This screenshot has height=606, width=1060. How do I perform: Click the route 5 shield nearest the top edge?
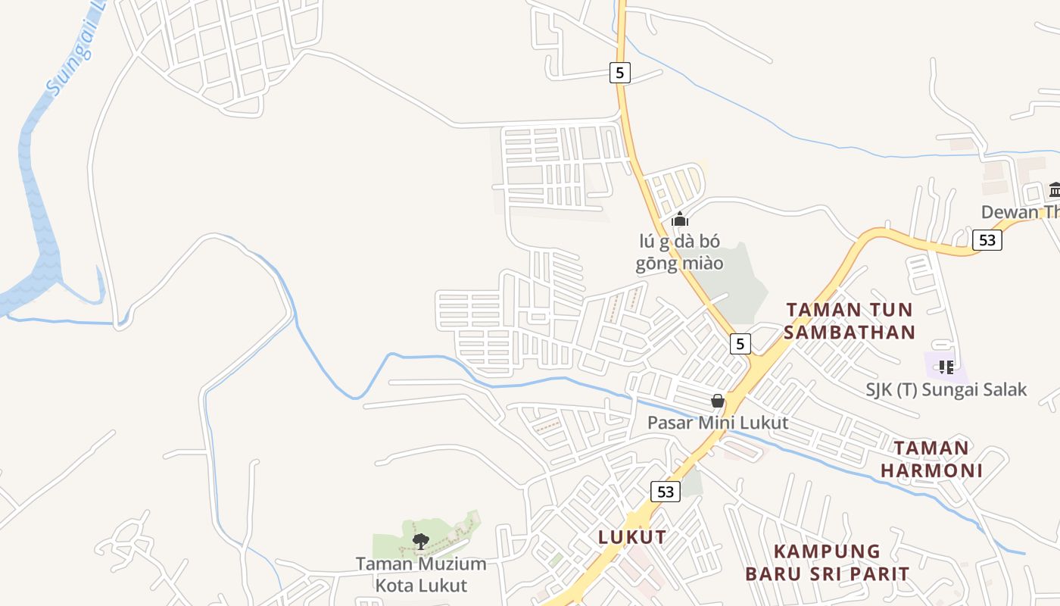point(619,73)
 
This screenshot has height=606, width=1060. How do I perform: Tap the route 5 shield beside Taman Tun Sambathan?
point(740,343)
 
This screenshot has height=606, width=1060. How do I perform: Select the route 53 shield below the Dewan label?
point(987,240)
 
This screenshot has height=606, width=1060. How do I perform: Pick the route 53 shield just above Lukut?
point(665,492)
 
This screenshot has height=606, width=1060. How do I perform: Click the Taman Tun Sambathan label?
point(850,320)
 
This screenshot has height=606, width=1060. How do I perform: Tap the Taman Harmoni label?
point(931,459)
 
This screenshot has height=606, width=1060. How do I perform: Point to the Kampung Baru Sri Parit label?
point(827,562)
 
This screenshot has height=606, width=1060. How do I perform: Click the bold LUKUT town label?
point(632,537)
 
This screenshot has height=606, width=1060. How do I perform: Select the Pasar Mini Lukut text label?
point(717,423)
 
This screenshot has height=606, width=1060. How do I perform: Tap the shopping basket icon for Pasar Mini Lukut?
point(717,401)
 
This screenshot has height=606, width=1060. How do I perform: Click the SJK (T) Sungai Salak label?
point(946,389)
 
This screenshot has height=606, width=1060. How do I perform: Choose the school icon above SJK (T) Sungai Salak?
point(946,367)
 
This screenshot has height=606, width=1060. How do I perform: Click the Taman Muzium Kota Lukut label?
point(421,574)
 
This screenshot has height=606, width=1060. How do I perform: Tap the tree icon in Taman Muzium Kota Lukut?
point(420,541)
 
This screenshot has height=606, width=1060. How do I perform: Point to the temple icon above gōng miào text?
point(680,220)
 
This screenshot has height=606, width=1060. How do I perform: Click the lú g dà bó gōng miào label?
point(679,252)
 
